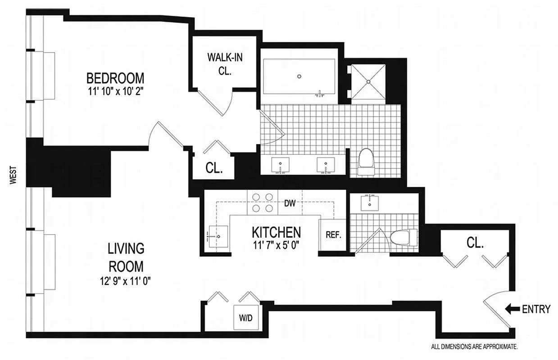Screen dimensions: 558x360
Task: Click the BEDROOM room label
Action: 115,78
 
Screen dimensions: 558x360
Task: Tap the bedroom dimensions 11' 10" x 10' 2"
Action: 115,92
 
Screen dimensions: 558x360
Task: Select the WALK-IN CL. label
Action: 225,64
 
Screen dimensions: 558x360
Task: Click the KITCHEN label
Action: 276,232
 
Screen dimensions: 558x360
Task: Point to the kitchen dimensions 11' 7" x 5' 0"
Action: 276,246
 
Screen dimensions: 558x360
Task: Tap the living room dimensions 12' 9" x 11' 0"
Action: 126,282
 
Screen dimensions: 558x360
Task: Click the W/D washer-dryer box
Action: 246,317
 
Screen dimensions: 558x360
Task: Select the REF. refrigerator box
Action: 333,235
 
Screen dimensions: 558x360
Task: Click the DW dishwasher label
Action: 290,204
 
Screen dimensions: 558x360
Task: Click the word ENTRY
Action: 536,309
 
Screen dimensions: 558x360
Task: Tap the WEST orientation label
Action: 13,175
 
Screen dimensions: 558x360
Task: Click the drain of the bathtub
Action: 299,76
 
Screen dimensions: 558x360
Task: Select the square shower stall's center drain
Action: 368,81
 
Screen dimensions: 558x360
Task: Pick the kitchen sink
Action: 218,237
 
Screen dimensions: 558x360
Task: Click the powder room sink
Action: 370,203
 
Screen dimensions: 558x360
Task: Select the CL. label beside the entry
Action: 475,243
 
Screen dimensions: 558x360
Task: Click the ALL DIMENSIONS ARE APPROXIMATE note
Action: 475,346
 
